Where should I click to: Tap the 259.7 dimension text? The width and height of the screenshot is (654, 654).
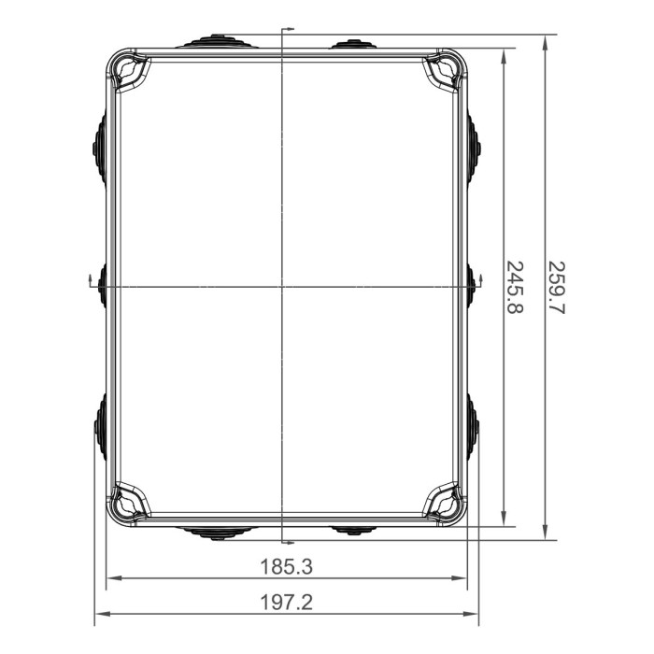click(557, 287)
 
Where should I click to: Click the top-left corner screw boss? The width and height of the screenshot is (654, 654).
click(130, 72)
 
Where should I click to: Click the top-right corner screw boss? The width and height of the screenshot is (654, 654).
click(444, 72)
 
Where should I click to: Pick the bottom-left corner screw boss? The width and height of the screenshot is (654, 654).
click(130, 502)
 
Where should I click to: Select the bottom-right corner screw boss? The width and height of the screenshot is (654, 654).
click(444, 502)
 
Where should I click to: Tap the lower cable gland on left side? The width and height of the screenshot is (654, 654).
click(99, 426)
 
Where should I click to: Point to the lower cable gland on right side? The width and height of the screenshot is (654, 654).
click(474, 426)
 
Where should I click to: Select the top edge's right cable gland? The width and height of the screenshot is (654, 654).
click(353, 44)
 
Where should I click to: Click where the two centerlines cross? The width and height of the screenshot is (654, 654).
click(282, 286)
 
